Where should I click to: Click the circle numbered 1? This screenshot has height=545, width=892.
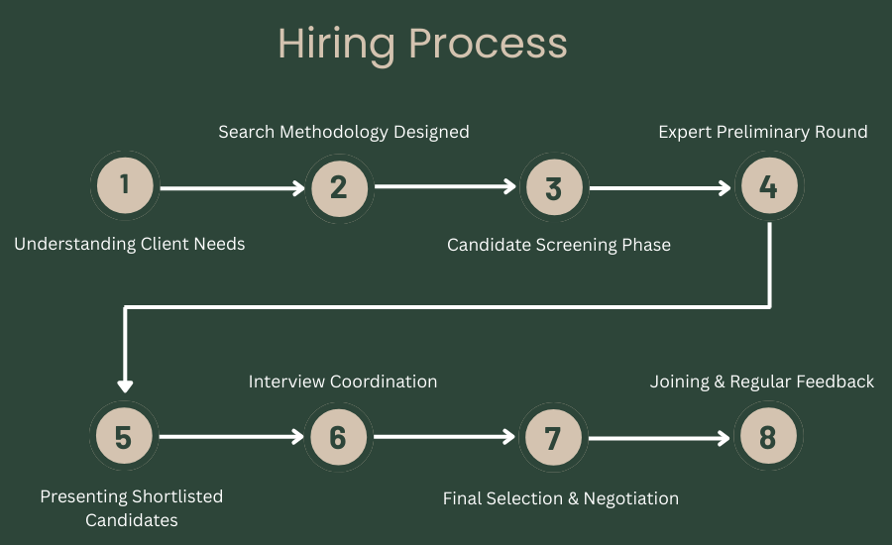(x=124, y=185)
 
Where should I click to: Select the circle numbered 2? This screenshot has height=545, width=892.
(x=339, y=185)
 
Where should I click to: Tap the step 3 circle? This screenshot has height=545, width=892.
(x=553, y=186)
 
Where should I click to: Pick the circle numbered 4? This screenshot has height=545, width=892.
(x=768, y=185)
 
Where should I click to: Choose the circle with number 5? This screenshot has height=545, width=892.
(x=124, y=437)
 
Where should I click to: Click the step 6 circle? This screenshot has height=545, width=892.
(x=339, y=437)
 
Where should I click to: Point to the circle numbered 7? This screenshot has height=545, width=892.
(x=553, y=437)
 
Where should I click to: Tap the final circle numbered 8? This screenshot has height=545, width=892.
(x=768, y=437)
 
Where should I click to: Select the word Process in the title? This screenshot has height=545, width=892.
(x=489, y=45)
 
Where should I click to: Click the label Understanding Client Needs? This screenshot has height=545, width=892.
(x=130, y=244)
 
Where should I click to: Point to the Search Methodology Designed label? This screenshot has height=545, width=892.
(x=344, y=132)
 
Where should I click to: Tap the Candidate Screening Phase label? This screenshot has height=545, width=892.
(x=559, y=245)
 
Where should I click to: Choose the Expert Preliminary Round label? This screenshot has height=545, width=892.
(x=763, y=132)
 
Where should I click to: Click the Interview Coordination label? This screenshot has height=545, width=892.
(x=343, y=381)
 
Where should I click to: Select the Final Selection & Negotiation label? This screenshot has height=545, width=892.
(x=561, y=498)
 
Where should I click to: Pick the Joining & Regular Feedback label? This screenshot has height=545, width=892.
(x=762, y=381)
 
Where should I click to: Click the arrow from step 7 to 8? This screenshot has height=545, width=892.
(x=659, y=437)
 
